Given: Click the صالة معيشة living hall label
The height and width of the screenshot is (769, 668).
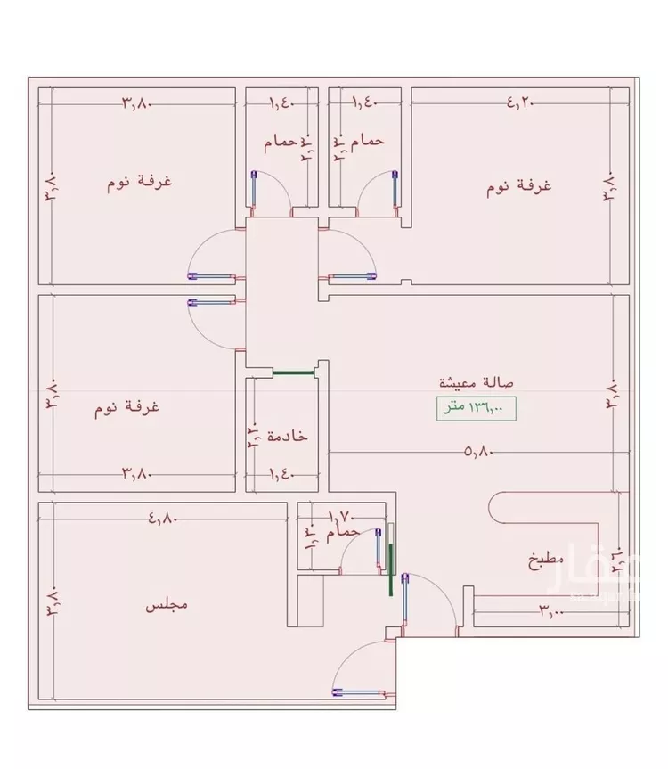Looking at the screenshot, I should click(x=478, y=382).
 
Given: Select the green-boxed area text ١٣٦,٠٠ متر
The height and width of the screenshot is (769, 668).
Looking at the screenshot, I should click(x=477, y=408).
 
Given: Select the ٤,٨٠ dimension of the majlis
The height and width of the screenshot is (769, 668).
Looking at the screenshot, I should click(x=164, y=515).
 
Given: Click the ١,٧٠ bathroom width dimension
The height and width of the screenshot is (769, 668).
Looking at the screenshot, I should click(x=342, y=515).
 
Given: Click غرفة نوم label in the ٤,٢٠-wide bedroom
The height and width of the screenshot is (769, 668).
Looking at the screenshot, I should click(x=520, y=187).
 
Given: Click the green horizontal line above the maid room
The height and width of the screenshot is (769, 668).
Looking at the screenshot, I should click(x=295, y=373).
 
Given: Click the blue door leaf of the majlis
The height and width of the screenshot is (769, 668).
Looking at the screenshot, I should click(x=360, y=690).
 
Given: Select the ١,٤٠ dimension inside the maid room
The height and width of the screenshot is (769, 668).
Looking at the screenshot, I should click(x=281, y=473).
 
